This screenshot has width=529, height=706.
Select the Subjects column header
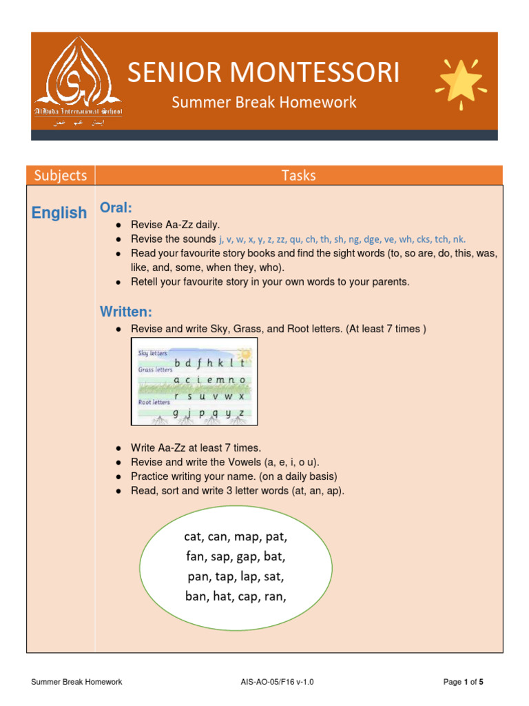[x=61, y=175]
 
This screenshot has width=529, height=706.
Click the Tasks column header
[x=298, y=175]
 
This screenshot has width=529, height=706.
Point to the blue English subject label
[x=59, y=213]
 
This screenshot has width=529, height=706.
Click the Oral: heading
[x=116, y=208]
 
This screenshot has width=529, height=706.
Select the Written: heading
[x=126, y=312]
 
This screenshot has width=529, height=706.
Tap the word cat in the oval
[x=196, y=536]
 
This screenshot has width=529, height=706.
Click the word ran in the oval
[x=275, y=596]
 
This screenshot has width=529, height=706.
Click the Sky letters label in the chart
[x=152, y=353]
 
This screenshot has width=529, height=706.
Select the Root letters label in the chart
[x=154, y=401]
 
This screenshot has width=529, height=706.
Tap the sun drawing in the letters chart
[x=244, y=354]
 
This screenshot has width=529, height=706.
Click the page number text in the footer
[x=463, y=682]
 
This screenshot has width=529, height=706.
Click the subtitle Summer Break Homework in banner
[x=264, y=103]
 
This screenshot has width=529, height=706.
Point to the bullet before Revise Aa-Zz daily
[x=119, y=225]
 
